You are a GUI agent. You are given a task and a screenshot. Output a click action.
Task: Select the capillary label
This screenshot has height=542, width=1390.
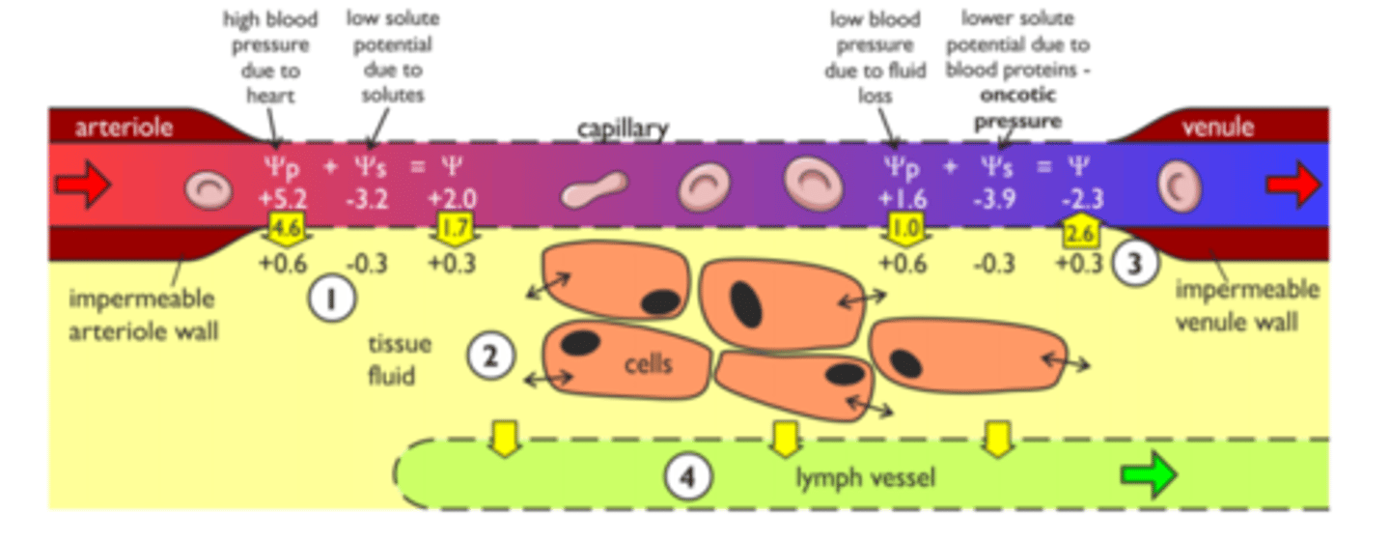pos(622,129)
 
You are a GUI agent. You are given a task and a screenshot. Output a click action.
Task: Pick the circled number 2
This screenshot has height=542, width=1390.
pos(489,357)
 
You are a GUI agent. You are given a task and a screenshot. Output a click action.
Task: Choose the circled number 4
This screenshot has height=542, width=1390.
pos(687,476)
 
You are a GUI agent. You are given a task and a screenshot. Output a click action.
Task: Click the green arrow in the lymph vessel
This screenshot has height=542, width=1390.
pos(1149,475)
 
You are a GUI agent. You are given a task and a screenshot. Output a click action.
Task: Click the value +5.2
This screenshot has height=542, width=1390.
pos(282,199)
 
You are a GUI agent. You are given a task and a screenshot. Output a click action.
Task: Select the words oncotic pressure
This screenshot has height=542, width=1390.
pos(1017,109)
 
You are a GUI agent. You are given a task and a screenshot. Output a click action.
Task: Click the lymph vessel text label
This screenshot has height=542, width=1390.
pos(865,477)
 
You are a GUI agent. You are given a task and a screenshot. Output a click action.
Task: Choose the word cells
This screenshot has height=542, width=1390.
pos(648,364)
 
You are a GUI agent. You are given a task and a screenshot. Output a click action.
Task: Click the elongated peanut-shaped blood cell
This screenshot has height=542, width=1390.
pos(595,189)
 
